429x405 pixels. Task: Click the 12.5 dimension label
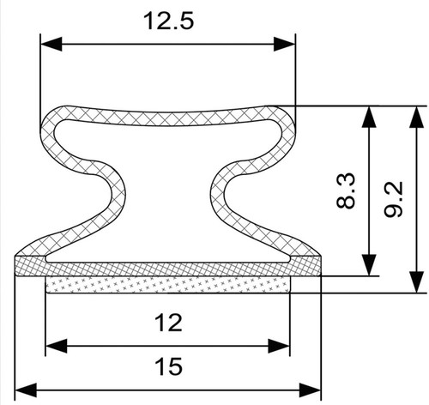[x=168, y=21]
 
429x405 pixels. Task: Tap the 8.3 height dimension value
[x=346, y=190]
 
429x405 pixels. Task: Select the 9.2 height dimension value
[x=394, y=199]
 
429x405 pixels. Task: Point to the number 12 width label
[x=168, y=323]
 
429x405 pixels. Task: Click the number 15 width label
[x=168, y=366]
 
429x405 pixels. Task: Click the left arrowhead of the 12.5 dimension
[x=51, y=44]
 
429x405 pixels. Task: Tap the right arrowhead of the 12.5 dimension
[x=284, y=44]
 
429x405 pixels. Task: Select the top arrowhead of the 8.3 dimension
[x=369, y=117]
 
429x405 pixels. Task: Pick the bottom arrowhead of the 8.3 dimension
[x=369, y=265]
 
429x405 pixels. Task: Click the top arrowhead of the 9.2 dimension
[x=416, y=117]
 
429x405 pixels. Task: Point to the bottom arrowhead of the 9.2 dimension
[x=416, y=282]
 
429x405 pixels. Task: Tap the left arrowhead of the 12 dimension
[x=57, y=346]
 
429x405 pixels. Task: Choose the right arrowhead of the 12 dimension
[x=279, y=346]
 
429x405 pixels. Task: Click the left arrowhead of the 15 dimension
[x=26, y=390]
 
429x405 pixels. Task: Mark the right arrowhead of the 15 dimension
[x=310, y=390]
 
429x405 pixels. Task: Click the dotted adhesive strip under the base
[x=168, y=285]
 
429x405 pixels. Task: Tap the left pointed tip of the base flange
[x=15, y=256]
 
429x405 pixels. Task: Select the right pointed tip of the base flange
[x=320, y=256]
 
